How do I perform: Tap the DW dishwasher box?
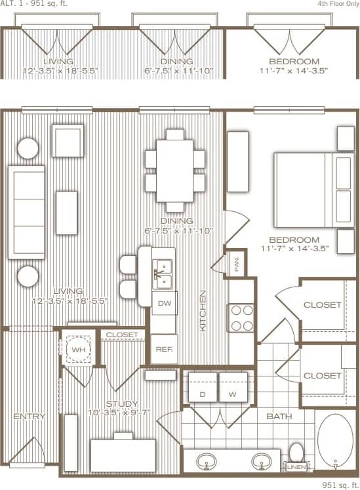click(164, 303)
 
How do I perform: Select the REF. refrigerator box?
click(164, 349)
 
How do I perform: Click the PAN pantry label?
click(236, 264)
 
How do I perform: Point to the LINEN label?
click(295, 467)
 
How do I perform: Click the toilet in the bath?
click(297, 453)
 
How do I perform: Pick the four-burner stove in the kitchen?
click(241, 317)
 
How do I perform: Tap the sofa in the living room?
click(26, 212)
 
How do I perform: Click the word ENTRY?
click(30, 417)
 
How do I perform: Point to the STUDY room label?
click(123, 404)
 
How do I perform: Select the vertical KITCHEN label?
click(203, 310)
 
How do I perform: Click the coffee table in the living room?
click(67, 212)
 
